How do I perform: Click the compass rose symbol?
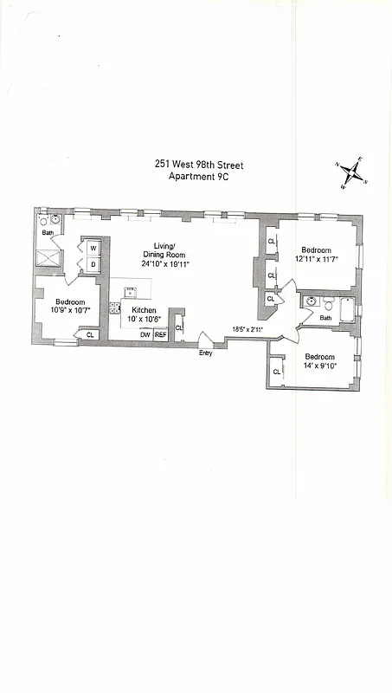(x=353, y=172)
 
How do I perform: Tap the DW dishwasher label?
(x=145, y=334)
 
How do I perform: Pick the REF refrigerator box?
(x=160, y=334)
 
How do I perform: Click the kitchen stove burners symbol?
(x=114, y=309)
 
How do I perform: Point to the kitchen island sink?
(x=129, y=292)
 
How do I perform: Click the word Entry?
(x=205, y=353)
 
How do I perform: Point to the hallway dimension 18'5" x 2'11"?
(x=248, y=329)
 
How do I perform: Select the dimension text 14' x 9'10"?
(x=319, y=366)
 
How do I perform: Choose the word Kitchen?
(x=144, y=309)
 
